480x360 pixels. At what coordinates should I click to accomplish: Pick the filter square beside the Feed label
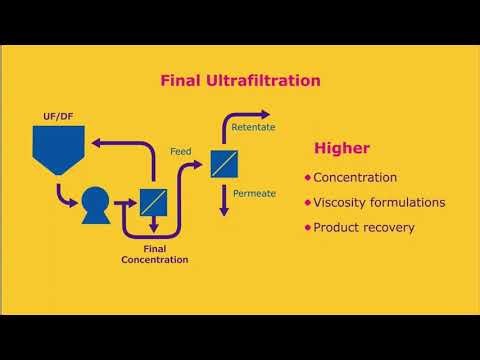pyautogui.click(x=223, y=163)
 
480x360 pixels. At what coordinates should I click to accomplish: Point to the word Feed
pyautogui.click(x=181, y=151)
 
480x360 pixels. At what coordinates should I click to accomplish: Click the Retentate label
pyautogui.click(x=253, y=129)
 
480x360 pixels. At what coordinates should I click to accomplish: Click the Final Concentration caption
pyautogui.click(x=154, y=254)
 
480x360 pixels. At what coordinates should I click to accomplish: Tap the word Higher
pyautogui.click(x=342, y=149)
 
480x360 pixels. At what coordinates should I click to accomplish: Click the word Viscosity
pyautogui.click(x=340, y=202)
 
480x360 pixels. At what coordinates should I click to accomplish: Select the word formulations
pyautogui.click(x=408, y=202)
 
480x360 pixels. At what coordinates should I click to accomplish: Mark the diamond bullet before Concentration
pyautogui.click(x=308, y=177)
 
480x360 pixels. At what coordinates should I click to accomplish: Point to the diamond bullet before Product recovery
pyautogui.click(x=308, y=227)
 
